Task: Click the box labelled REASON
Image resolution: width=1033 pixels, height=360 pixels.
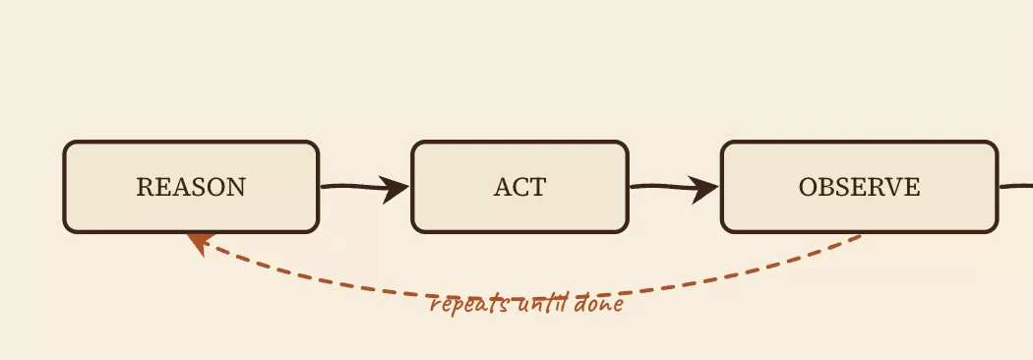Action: point(191,187)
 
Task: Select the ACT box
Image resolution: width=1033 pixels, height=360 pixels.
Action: point(519,187)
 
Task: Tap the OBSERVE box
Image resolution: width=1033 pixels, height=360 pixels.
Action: point(860,187)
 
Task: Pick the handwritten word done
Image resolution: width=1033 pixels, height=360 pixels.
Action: point(599,304)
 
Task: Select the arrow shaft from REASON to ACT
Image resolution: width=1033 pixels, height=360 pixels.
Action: point(353,187)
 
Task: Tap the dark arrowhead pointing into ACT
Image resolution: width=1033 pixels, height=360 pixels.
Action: point(395,190)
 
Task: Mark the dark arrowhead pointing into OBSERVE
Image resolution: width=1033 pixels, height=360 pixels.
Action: point(705,190)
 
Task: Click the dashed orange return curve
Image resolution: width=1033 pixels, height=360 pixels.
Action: point(527,295)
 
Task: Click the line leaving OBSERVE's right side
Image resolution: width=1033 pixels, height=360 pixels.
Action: point(1016,186)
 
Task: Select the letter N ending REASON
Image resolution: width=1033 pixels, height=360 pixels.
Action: point(236,187)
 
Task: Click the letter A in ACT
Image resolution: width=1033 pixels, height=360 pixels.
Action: point(503,187)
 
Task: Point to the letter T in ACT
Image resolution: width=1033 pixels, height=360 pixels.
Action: point(537,187)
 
